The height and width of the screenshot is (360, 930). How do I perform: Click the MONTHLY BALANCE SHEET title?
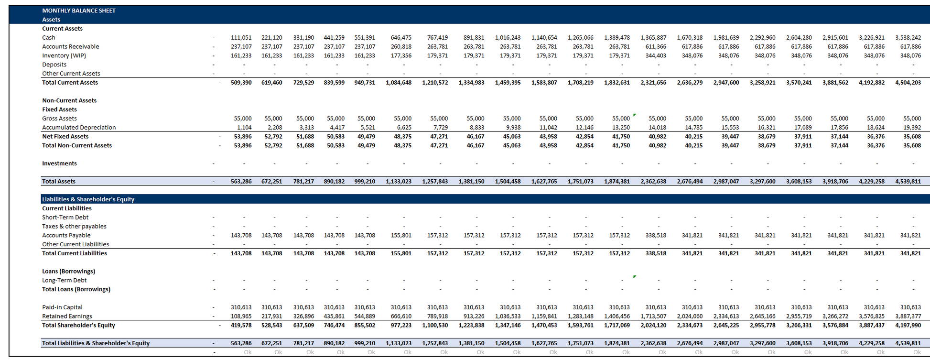point(79,11)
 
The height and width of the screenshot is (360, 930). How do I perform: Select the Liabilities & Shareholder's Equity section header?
point(88,199)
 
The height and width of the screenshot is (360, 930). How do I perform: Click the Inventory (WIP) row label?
point(64,55)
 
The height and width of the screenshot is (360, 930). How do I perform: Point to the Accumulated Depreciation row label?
point(79,128)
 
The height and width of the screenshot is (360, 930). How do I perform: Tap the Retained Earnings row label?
point(67,316)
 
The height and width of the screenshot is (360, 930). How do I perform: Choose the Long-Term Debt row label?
point(65,281)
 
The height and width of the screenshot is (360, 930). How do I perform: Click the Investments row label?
point(59,164)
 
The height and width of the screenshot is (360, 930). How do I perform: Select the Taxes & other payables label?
point(74,227)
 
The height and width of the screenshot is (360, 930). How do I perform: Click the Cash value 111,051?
point(241,38)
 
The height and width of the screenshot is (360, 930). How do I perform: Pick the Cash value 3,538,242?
point(908,38)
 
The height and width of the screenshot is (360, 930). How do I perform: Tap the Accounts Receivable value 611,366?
point(656,47)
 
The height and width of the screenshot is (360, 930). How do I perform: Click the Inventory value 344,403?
point(656,56)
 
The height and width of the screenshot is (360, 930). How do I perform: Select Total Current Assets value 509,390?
point(241,83)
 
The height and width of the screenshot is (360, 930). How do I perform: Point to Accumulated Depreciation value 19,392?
point(912,128)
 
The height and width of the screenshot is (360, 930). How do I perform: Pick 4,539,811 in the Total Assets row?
point(908,182)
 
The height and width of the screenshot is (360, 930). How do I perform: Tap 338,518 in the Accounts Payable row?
point(656,236)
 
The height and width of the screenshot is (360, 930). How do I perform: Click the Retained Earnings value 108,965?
point(241,316)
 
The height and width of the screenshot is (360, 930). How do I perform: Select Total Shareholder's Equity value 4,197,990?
point(908,326)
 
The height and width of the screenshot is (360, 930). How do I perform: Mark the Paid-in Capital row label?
point(62,307)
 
